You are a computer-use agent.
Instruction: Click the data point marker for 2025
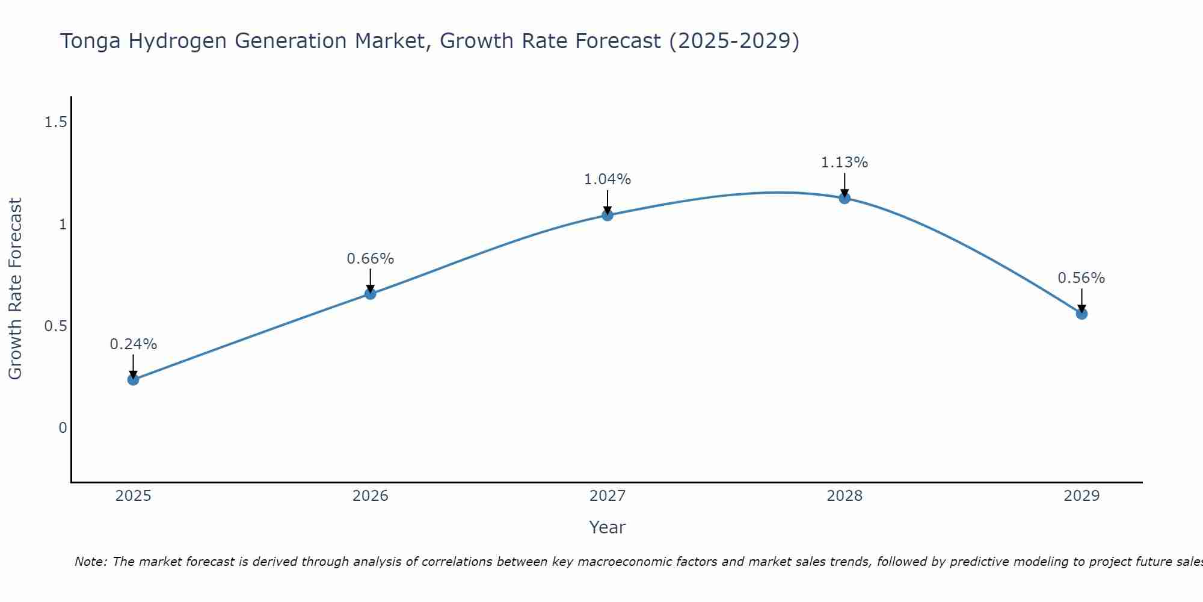click(133, 379)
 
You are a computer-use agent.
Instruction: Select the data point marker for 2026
click(371, 294)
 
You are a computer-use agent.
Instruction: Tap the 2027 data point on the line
click(608, 215)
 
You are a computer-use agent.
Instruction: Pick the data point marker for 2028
click(845, 198)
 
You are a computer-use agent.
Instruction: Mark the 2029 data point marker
click(1081, 314)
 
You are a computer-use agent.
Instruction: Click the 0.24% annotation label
click(133, 344)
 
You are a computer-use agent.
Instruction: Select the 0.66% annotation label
click(371, 259)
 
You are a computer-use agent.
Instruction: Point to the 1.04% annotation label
click(608, 179)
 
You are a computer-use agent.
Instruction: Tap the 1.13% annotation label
click(845, 163)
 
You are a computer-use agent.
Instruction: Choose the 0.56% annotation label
click(1081, 278)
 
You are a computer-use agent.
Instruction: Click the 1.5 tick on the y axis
click(55, 123)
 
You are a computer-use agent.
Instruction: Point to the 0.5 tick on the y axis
click(55, 326)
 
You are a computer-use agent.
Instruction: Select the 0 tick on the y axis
click(63, 428)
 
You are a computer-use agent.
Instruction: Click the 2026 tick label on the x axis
click(371, 496)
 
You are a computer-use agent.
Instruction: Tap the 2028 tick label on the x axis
click(845, 496)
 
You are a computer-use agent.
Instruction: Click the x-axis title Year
click(608, 527)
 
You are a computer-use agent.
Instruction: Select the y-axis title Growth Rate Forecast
click(15, 289)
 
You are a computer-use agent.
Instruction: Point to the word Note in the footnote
click(90, 562)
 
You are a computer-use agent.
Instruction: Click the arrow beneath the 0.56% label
click(1081, 299)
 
